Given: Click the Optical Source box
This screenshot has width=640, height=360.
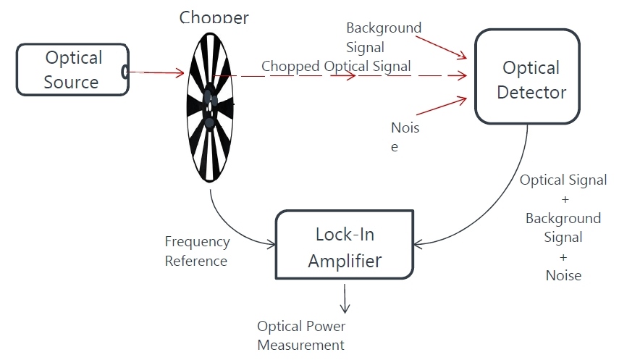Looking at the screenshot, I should tap(72, 70).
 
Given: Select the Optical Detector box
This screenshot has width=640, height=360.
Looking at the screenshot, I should tap(527, 77).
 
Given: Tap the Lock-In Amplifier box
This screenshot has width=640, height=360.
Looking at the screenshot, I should tap(344, 245).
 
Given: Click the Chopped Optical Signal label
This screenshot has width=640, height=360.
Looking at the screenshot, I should tap(336, 66).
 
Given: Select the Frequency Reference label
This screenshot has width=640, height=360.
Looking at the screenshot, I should tap(197, 251).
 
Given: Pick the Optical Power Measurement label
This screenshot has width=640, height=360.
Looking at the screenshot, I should tap(301, 335).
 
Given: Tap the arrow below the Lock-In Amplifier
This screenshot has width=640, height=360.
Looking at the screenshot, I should tap(345, 297).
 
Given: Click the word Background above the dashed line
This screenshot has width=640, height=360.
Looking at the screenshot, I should tap(384, 28).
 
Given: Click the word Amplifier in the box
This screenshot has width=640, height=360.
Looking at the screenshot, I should tap(345, 261).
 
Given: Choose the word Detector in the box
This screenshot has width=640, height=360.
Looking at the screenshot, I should tap(531, 93).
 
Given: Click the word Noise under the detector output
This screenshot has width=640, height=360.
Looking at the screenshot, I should tap(563, 275).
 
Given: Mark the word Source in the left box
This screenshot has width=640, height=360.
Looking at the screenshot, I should tap(71, 82).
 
